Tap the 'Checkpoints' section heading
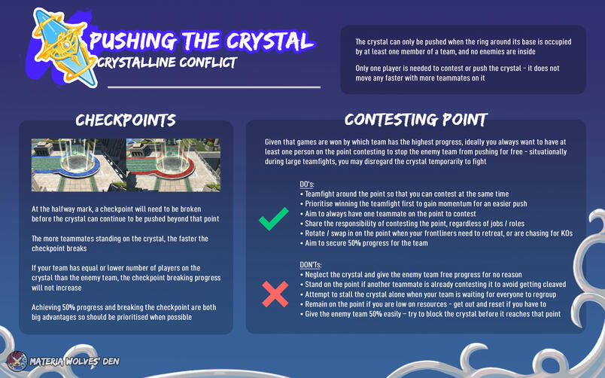126,120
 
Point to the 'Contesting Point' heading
415,119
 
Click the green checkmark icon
273,221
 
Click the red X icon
274,294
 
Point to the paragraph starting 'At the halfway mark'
126,214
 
